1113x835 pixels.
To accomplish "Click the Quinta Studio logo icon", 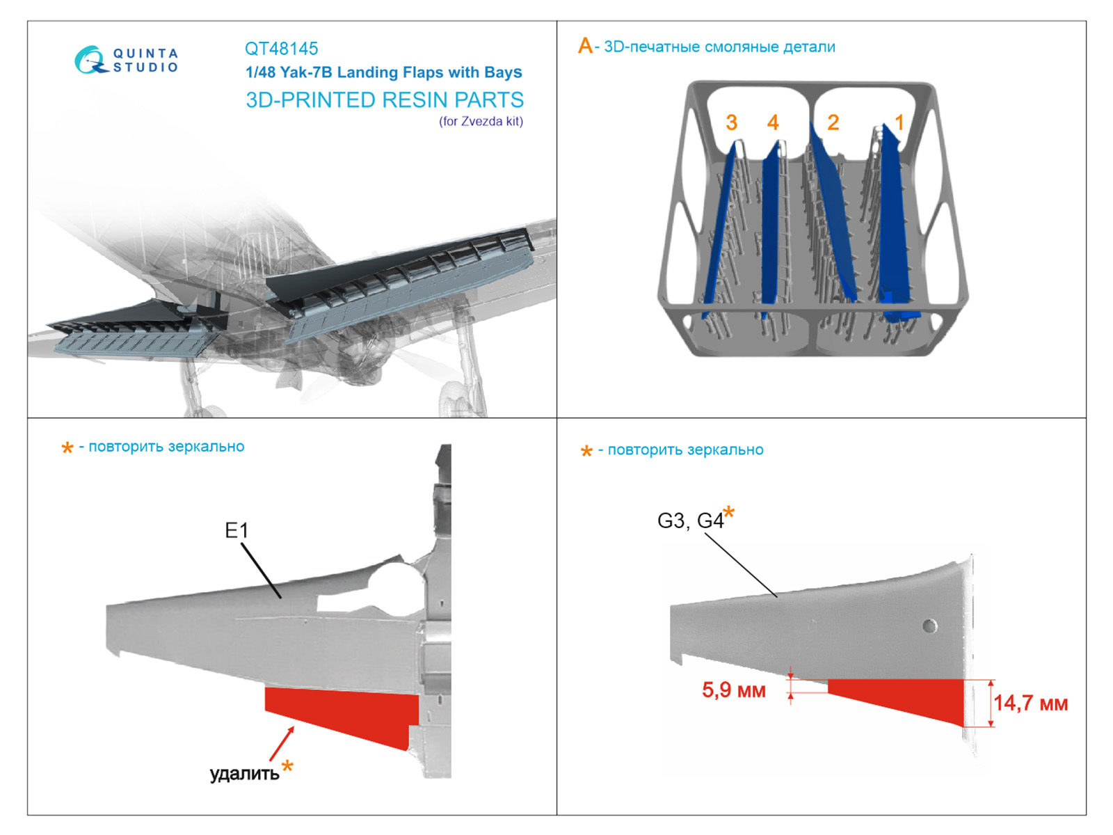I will click(x=90, y=60).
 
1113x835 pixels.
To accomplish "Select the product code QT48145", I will click(x=281, y=49).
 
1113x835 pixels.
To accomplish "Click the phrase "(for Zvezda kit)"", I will click(x=481, y=122).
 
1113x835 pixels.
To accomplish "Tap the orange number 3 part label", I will click(x=731, y=123).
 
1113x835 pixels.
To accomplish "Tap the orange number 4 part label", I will click(x=773, y=123).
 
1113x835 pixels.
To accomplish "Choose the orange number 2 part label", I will click(x=833, y=123).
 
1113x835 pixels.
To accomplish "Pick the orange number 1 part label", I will click(x=899, y=123).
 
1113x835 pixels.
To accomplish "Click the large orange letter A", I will click(x=585, y=47).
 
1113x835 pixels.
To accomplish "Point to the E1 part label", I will click(x=237, y=531).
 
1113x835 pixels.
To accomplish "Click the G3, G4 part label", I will click(x=690, y=521).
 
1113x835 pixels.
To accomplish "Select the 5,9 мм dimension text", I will click(x=733, y=690).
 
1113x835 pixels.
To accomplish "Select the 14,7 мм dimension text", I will click(x=1030, y=703).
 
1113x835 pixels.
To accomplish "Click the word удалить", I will click(x=244, y=774).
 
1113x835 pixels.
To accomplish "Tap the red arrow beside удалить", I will click(x=281, y=744).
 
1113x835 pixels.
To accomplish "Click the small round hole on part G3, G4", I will click(x=929, y=626).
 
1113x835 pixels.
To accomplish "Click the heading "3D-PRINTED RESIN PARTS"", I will click(x=385, y=100).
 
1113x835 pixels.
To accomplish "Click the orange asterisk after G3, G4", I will click(x=729, y=514).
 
